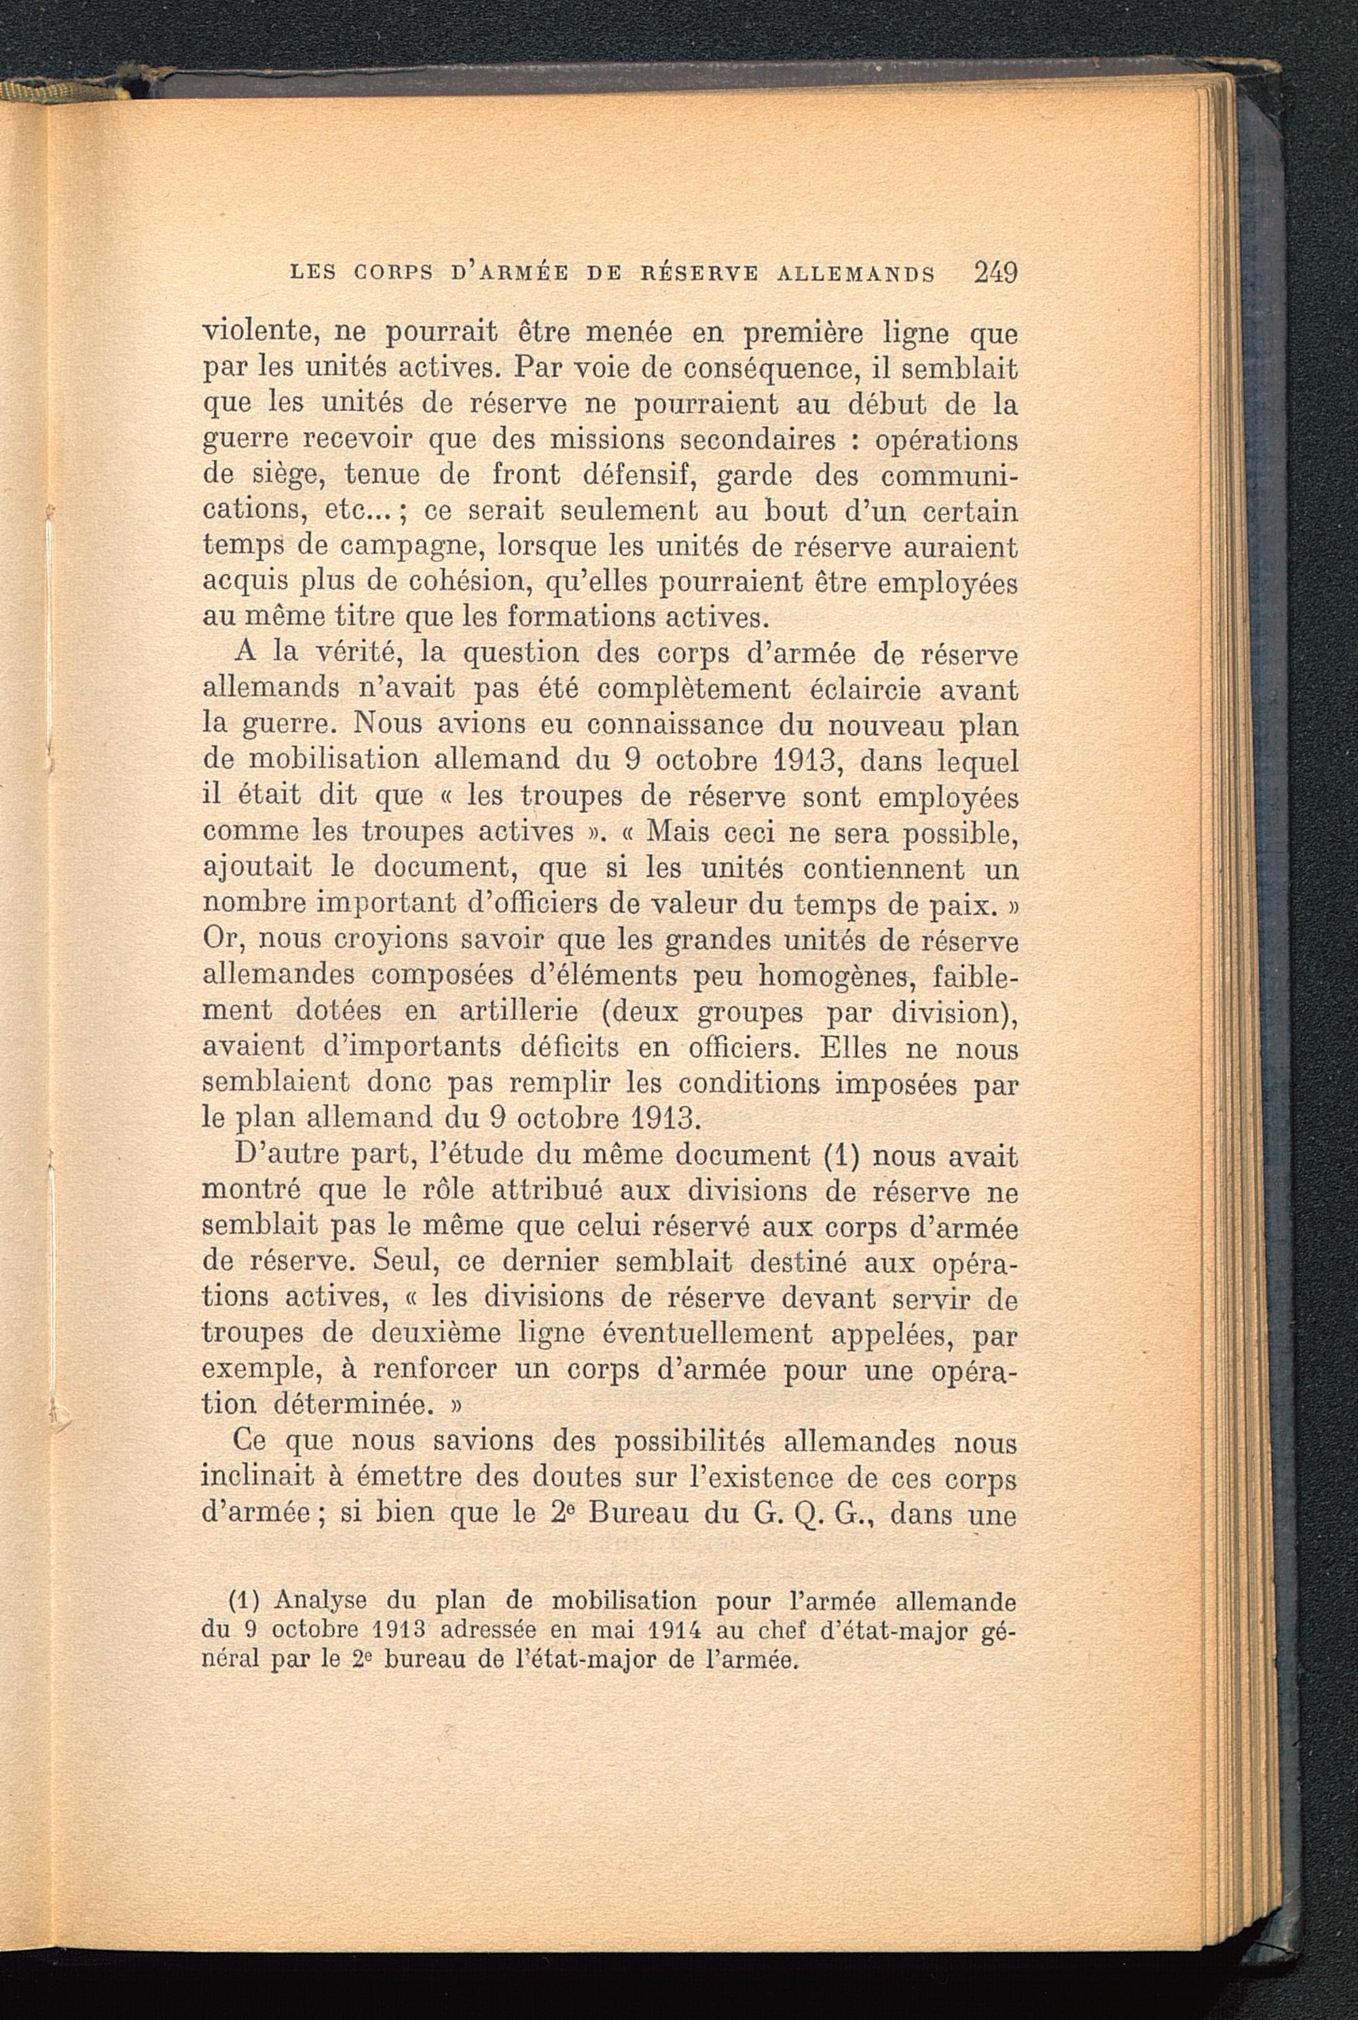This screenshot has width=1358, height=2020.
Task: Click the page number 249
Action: (994, 272)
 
